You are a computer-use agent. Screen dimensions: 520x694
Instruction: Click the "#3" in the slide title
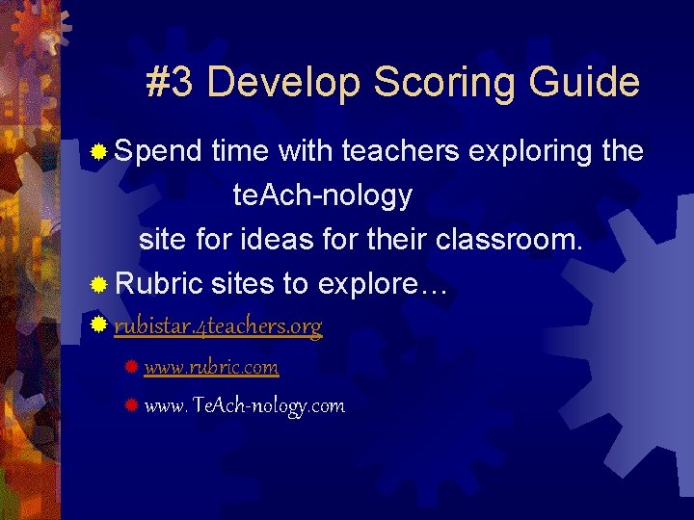171,83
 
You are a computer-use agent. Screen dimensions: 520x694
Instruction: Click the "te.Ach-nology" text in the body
322,196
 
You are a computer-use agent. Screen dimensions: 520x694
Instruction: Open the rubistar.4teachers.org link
218,327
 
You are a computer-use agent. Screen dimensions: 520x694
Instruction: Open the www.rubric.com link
211,367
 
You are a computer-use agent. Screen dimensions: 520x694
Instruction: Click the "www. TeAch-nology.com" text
244,405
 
